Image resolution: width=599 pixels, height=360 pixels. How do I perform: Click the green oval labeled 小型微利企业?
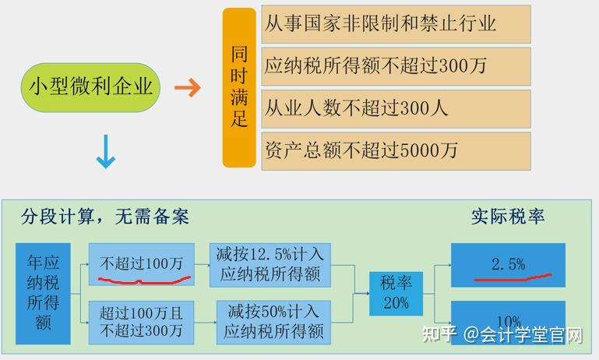click(x=90, y=86)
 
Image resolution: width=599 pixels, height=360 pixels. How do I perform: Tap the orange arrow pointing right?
click(x=187, y=87)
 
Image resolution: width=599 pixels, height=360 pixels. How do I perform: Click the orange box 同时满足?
click(x=239, y=87)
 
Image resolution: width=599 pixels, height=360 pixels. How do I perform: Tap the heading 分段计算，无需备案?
click(x=105, y=216)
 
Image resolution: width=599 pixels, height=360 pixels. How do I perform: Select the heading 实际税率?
click(x=507, y=216)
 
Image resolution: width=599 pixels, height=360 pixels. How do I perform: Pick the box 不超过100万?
click(x=141, y=264)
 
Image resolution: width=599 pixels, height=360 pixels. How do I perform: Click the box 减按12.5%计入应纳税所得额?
click(x=270, y=264)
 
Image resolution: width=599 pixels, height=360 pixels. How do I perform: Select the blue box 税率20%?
click(x=395, y=292)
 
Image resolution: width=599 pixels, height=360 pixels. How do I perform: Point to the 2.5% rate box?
click(x=508, y=265)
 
